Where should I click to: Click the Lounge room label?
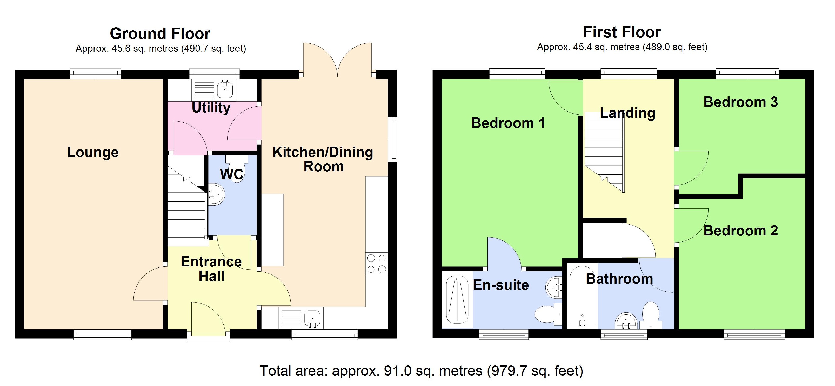point(93,152)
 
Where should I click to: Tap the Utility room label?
point(211,107)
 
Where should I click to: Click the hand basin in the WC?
point(216,195)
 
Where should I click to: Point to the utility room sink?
point(225,89)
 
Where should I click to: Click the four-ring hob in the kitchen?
point(376,263)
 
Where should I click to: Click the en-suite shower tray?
point(457,300)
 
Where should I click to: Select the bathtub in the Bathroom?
point(582,296)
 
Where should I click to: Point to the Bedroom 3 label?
point(740,102)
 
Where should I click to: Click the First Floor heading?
point(622,32)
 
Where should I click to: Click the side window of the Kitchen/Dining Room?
point(393,140)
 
